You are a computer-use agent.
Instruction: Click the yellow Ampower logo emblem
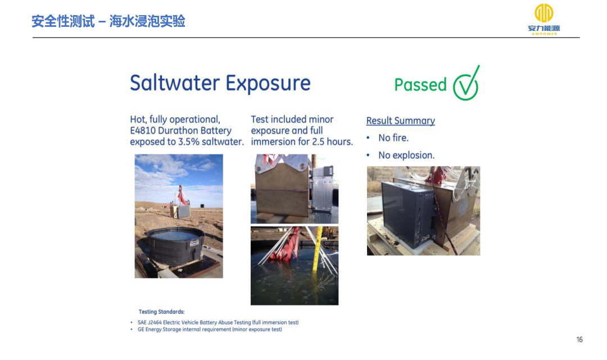[544, 13]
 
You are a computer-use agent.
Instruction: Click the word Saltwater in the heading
[174, 83]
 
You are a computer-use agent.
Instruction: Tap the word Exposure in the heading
[268, 84]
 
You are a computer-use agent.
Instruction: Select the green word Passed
[420, 85]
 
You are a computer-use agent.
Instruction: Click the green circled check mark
[466, 83]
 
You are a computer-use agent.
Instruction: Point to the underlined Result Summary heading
[401, 121]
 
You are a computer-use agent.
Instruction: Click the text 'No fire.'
[393, 138]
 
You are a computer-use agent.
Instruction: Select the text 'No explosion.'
[406, 155]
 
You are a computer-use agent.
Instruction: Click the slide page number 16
[579, 340]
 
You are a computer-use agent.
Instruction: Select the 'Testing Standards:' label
[161, 312]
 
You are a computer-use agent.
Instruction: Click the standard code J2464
[155, 322]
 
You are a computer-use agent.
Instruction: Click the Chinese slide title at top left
[108, 21]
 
